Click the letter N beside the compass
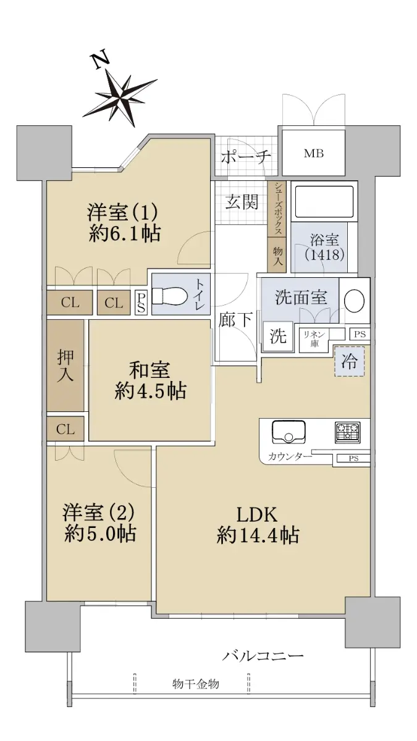click(x=101, y=59)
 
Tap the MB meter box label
click(x=314, y=154)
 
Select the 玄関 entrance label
click(x=242, y=201)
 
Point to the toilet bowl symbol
click(x=169, y=294)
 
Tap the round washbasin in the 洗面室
click(x=355, y=301)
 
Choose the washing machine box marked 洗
click(x=278, y=337)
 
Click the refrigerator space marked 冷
click(x=349, y=361)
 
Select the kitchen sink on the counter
click(x=289, y=432)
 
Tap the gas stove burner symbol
click(x=347, y=432)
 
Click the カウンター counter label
click(x=290, y=457)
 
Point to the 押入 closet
click(x=65, y=366)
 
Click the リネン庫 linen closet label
click(x=314, y=339)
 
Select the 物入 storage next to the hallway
click(x=277, y=254)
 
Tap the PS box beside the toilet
click(x=141, y=303)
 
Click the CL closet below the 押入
click(x=65, y=429)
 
